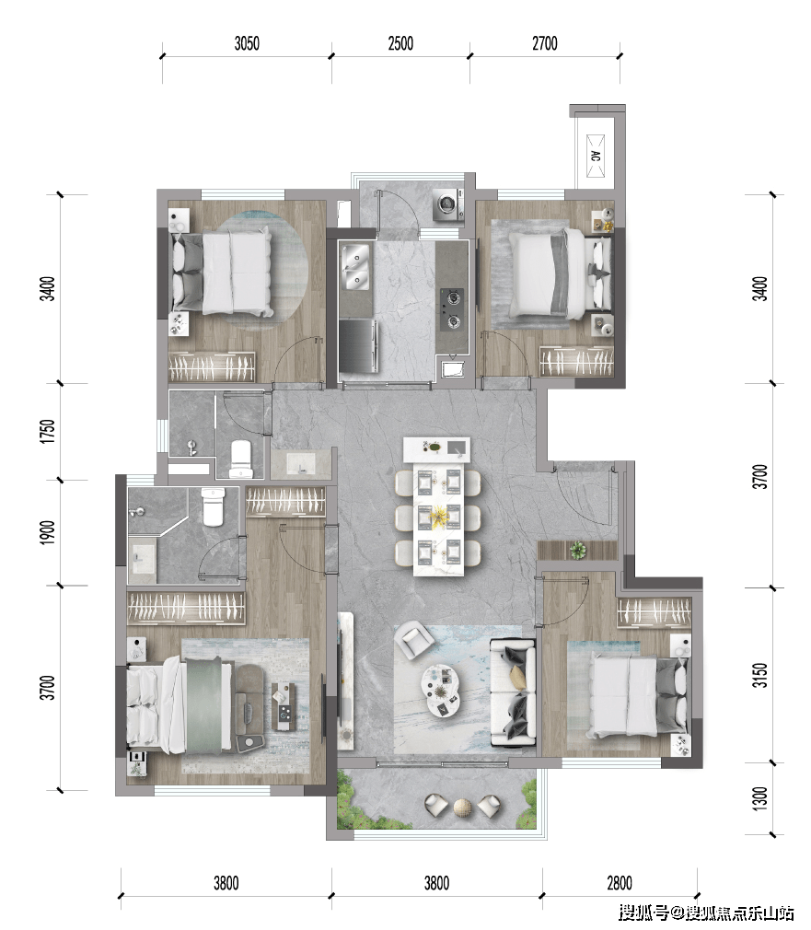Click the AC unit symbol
pos(596,157)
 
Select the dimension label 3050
pos(247,43)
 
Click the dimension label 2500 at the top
pos(400,43)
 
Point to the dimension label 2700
pos(545,43)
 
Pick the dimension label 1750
pos(49,431)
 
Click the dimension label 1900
pos(49,532)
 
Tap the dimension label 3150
pos(760,675)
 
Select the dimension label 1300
pos(760,798)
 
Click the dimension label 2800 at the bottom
pos(620,883)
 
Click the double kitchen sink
pos(355,268)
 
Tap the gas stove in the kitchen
pos(452,308)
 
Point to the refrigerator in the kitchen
pos(358,345)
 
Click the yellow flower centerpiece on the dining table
pos(439,517)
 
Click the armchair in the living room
pos(415,639)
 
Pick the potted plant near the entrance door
pos(577,550)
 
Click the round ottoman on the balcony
pos(463,807)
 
